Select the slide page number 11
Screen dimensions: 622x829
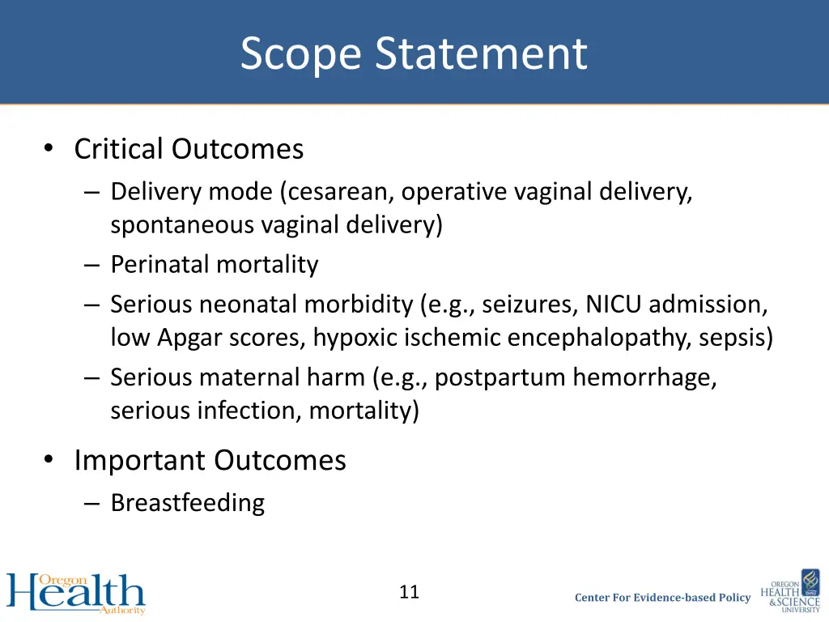[410, 592]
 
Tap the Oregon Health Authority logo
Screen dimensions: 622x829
[76, 594]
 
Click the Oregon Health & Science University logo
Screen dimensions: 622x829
[790, 592]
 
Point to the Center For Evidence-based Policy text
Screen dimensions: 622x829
[662, 598]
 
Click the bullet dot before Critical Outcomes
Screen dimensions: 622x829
[50, 149]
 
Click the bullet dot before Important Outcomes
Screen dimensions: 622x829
[50, 460]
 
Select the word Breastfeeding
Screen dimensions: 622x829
[187, 503]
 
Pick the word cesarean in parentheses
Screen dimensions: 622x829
[339, 192]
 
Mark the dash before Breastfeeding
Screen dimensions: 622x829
[91, 503]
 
